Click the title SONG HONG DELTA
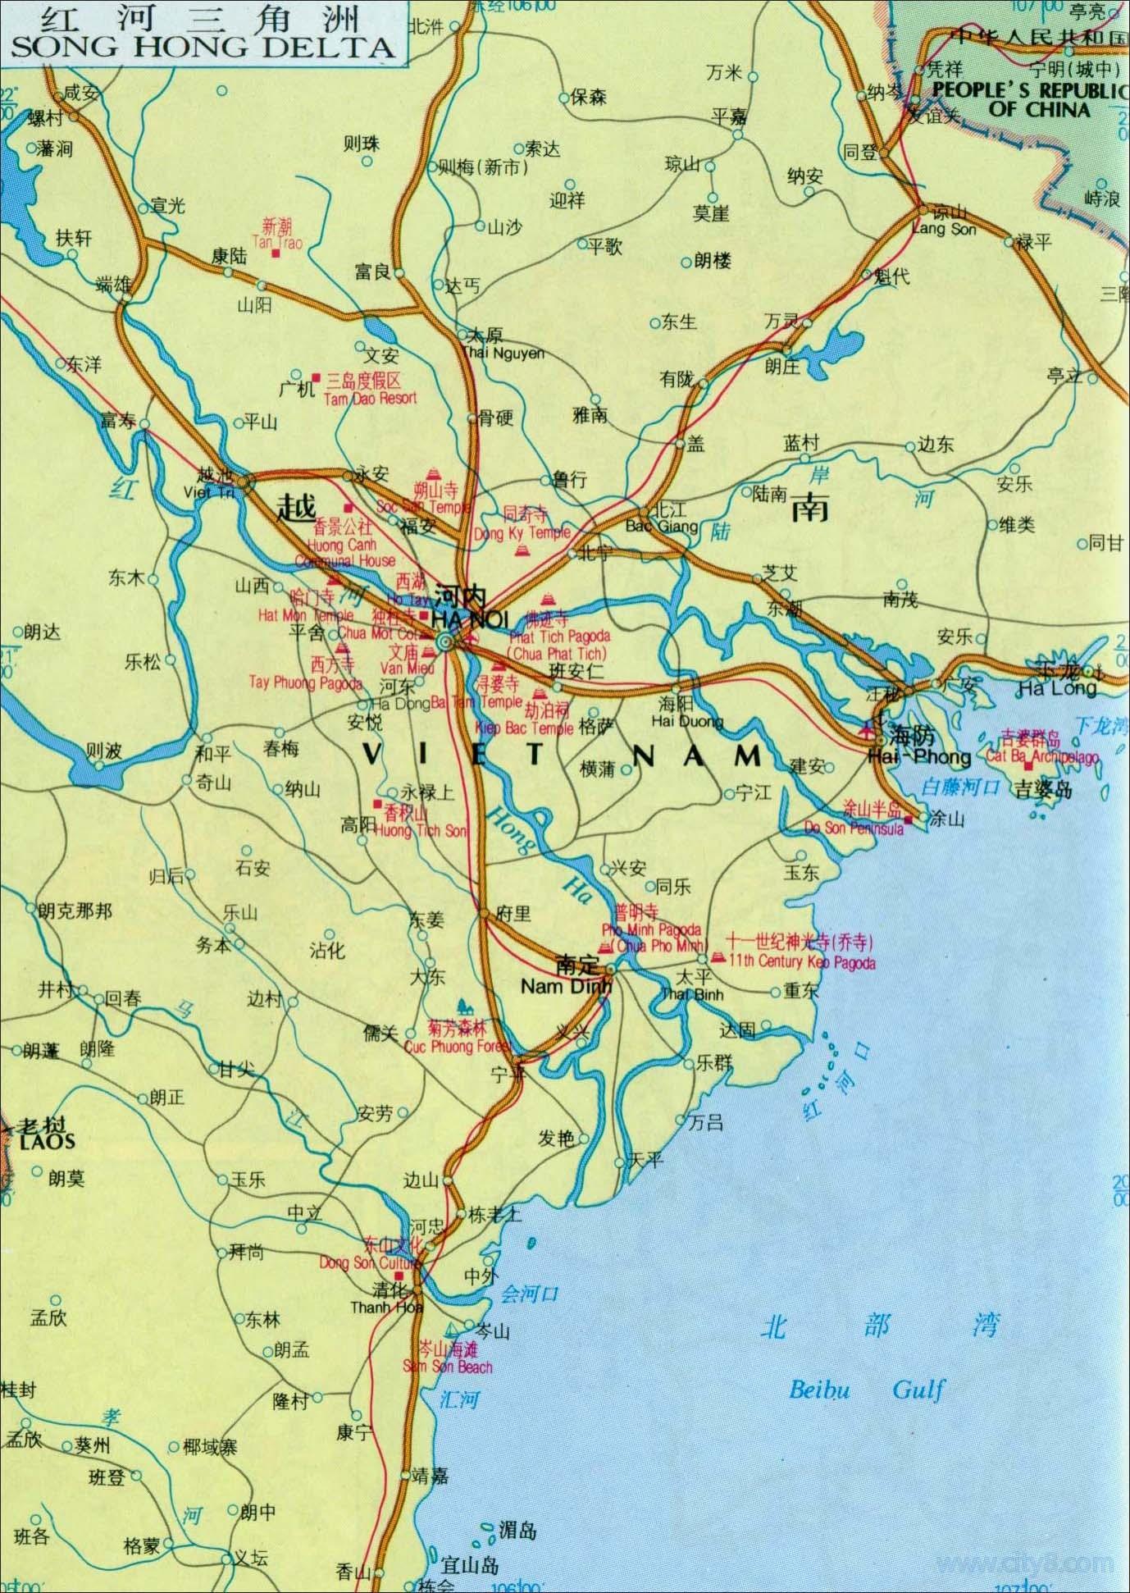coord(201,46)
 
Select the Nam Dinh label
coord(565,987)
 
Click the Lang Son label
coord(944,229)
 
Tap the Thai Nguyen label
coord(503,353)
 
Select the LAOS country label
coord(48,1141)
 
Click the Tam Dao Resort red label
coord(370,399)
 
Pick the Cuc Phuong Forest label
coord(458,1047)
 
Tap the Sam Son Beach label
coord(447,1367)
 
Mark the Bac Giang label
coord(662,526)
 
